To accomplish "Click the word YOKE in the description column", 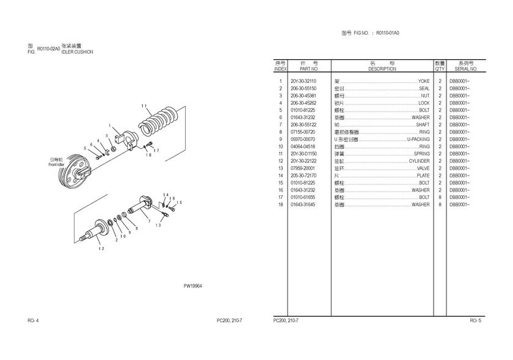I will tap(423, 81).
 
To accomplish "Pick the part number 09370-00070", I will tap(303, 139).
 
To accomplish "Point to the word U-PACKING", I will tap(418, 139).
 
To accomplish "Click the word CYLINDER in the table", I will tap(419, 161).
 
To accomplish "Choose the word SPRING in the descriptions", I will tap(421, 154).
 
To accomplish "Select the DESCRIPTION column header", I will tap(382, 69).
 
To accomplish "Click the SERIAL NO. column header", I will tap(466, 69).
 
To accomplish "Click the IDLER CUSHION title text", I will tap(77, 52).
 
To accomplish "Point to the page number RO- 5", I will tap(475, 320).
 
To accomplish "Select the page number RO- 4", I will tap(34, 320).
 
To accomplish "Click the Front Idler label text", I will tap(57, 164).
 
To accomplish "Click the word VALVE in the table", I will tap(423, 168).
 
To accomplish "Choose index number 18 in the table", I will tap(281, 204).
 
